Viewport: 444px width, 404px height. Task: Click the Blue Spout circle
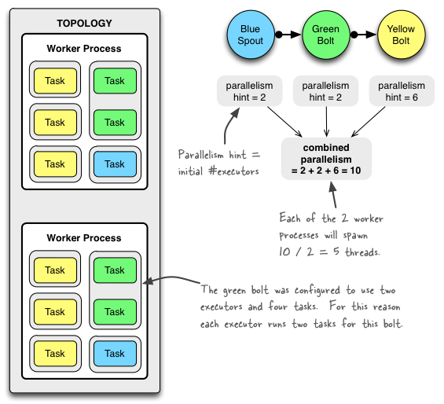pyautogui.click(x=251, y=35)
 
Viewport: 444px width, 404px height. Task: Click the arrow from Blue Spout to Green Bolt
pyautogui.click(x=288, y=35)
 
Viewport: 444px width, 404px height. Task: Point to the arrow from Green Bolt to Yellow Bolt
pyautogui.click(x=362, y=35)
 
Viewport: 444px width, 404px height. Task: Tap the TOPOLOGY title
pyautogui.click(x=84, y=24)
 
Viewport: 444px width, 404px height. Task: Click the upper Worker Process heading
pyautogui.click(x=84, y=49)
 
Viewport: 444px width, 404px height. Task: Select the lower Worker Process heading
pyautogui.click(x=84, y=238)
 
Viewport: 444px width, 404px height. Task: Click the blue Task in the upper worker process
pyautogui.click(x=115, y=164)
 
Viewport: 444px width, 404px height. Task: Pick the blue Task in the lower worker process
pyautogui.click(x=115, y=354)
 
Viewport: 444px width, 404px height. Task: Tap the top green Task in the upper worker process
pyautogui.click(x=115, y=81)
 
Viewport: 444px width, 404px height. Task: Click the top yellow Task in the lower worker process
pyautogui.click(x=55, y=270)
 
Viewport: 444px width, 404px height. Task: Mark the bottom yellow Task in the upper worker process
pyautogui.click(x=55, y=164)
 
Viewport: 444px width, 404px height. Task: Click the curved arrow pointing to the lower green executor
pyautogui.click(x=169, y=280)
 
